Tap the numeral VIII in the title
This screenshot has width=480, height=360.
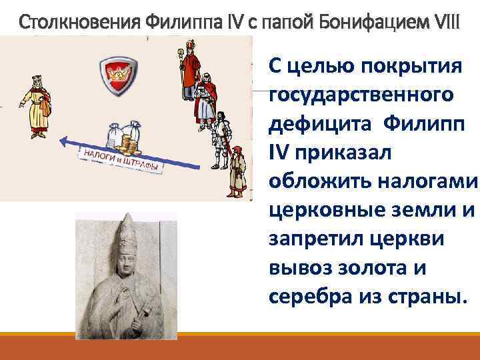445,22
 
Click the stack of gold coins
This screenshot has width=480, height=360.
127,141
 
